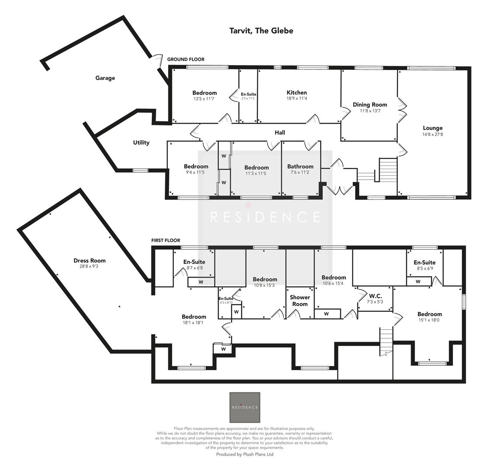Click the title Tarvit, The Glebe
coord(261,31)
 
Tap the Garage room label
coord(105,78)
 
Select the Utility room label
coord(141,142)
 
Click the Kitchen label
coord(296,93)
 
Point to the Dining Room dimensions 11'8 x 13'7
coord(369,111)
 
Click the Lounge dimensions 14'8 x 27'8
coord(432,135)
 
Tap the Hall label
coord(280,132)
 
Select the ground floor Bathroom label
coord(300,167)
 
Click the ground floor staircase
coord(387,170)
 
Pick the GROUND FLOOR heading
coord(185,59)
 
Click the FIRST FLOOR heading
coord(165,240)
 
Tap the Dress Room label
coord(89,261)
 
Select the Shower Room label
coord(300,301)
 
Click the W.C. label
coord(375,296)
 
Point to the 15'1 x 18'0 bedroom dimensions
coord(429,320)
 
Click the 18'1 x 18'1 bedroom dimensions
coord(194,323)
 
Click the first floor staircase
coord(386,341)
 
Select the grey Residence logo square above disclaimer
coord(245,407)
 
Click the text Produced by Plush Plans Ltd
coord(244,455)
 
